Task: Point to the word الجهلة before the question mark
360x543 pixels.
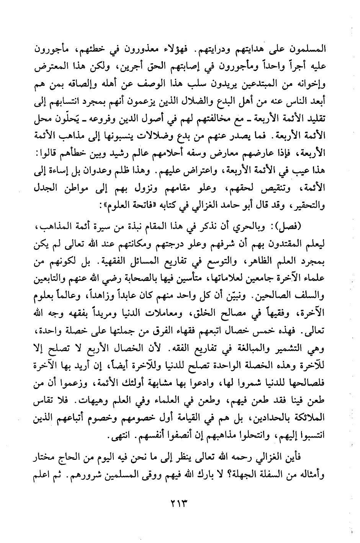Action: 239,476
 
